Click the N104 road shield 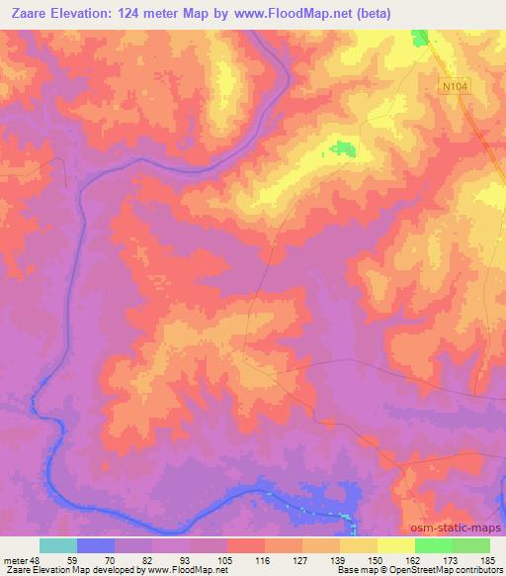tap(453, 88)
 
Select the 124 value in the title tap(145, 14)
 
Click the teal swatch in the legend tap(58, 545)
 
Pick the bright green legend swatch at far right tap(471, 545)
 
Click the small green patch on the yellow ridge tap(343, 148)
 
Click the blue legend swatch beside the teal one tap(96, 545)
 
